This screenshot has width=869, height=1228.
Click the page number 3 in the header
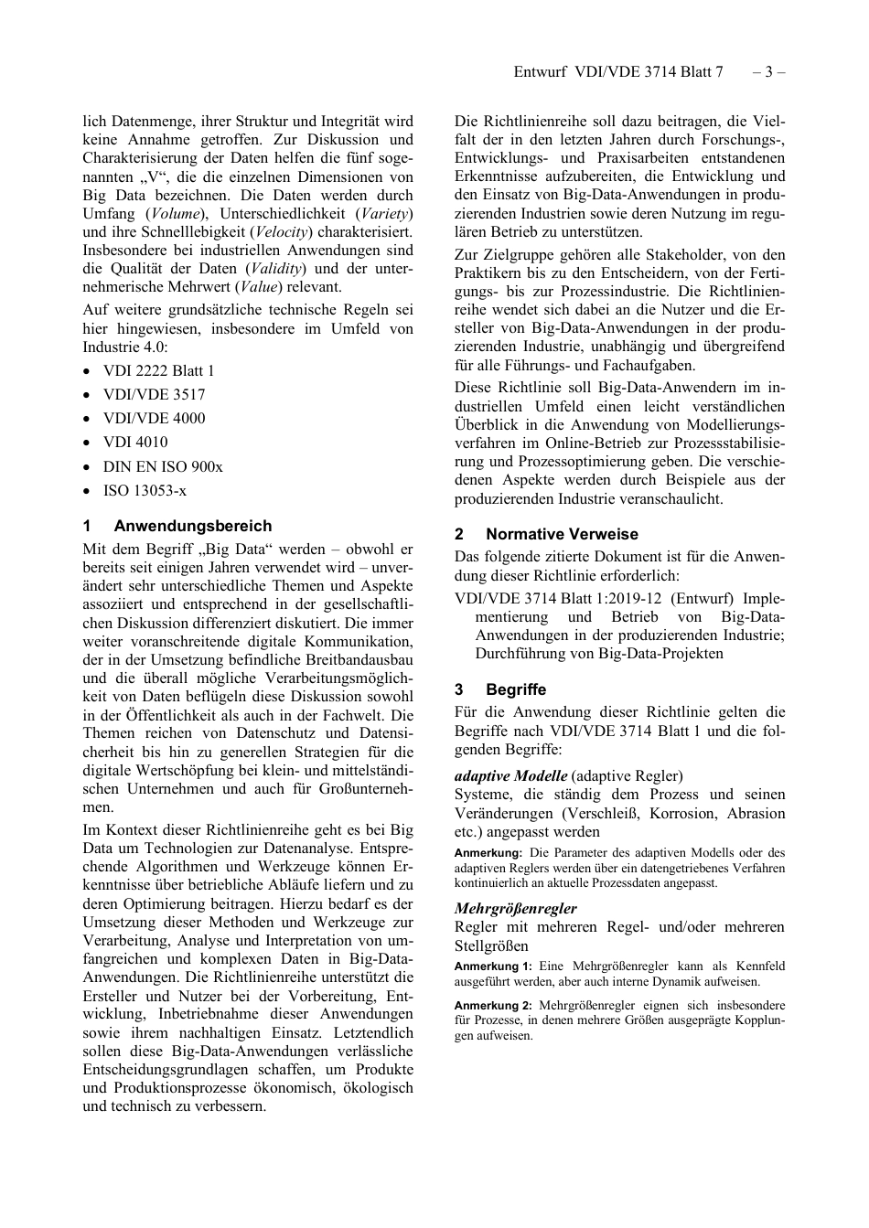(768, 72)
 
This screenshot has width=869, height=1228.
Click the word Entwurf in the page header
(540, 72)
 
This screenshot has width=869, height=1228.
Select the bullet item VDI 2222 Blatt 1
(158, 370)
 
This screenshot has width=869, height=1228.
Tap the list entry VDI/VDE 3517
(154, 394)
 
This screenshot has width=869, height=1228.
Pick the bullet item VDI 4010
(135, 442)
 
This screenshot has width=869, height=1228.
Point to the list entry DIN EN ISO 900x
(162, 466)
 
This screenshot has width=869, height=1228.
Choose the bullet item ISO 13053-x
(145, 490)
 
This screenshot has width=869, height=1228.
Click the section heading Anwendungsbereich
(192, 526)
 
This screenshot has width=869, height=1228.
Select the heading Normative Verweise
(562, 534)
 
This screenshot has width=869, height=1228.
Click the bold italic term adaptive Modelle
(510, 775)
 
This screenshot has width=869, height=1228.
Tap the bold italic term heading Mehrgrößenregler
(515, 908)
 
